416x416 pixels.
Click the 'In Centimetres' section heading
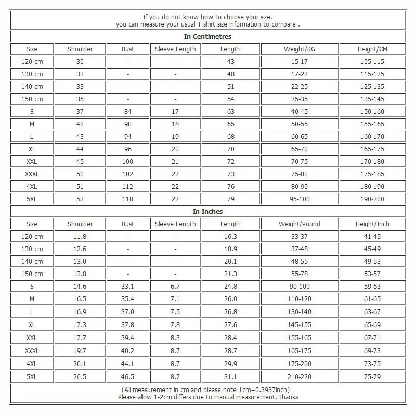tap(208, 37)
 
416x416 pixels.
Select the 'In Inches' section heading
tap(208, 211)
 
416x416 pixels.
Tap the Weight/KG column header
tap(300, 49)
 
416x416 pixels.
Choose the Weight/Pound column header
tap(300, 224)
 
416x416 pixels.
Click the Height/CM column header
tap(372, 49)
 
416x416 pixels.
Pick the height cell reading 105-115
tap(372, 62)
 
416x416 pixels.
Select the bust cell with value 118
tap(127, 199)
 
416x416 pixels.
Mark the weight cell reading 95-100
tap(300, 199)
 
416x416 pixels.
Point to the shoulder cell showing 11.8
tap(80, 237)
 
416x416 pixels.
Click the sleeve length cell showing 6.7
tap(175, 286)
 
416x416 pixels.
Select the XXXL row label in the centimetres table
tap(32, 174)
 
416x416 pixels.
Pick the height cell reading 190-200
tap(372, 199)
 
